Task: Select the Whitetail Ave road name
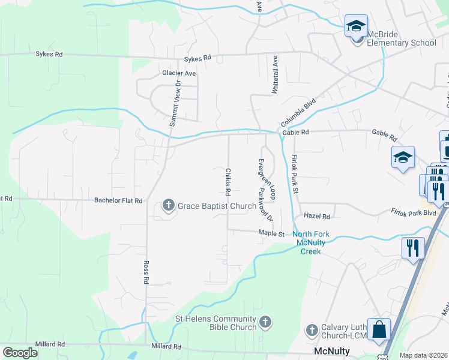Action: [x=276, y=74]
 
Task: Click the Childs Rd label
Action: [x=228, y=183]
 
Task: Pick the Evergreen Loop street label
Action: [x=267, y=179]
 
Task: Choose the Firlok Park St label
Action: [x=295, y=173]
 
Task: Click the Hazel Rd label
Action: [x=318, y=216]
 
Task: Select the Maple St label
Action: [x=271, y=233]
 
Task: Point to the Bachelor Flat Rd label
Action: [x=119, y=200]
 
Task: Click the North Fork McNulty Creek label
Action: [x=310, y=242]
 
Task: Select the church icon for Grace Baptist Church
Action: [x=169, y=206]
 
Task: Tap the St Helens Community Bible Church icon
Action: [x=265, y=323]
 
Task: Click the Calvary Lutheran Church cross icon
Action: [x=312, y=330]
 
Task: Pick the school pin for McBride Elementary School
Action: [x=356, y=27]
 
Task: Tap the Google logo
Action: [x=20, y=353]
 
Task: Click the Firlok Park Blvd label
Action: [x=412, y=212]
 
